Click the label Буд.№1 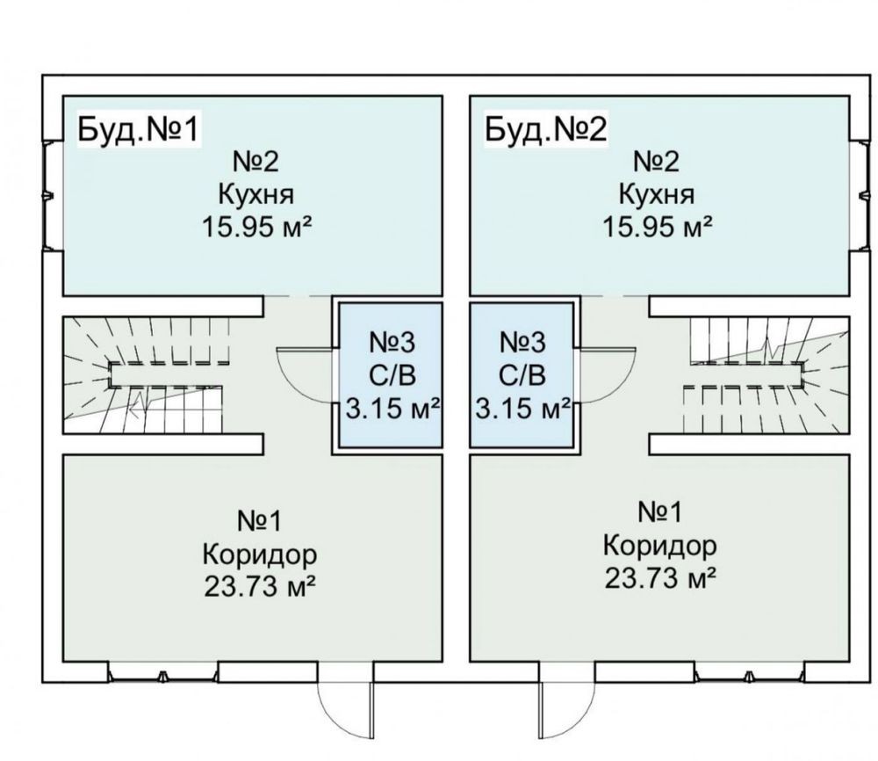139,129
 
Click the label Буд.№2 545,129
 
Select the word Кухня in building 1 257,194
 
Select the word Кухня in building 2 657,194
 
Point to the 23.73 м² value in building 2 659,577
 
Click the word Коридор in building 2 659,546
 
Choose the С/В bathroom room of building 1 385,376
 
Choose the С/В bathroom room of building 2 523,376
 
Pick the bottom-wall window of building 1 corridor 163,674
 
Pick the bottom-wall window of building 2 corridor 751,674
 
